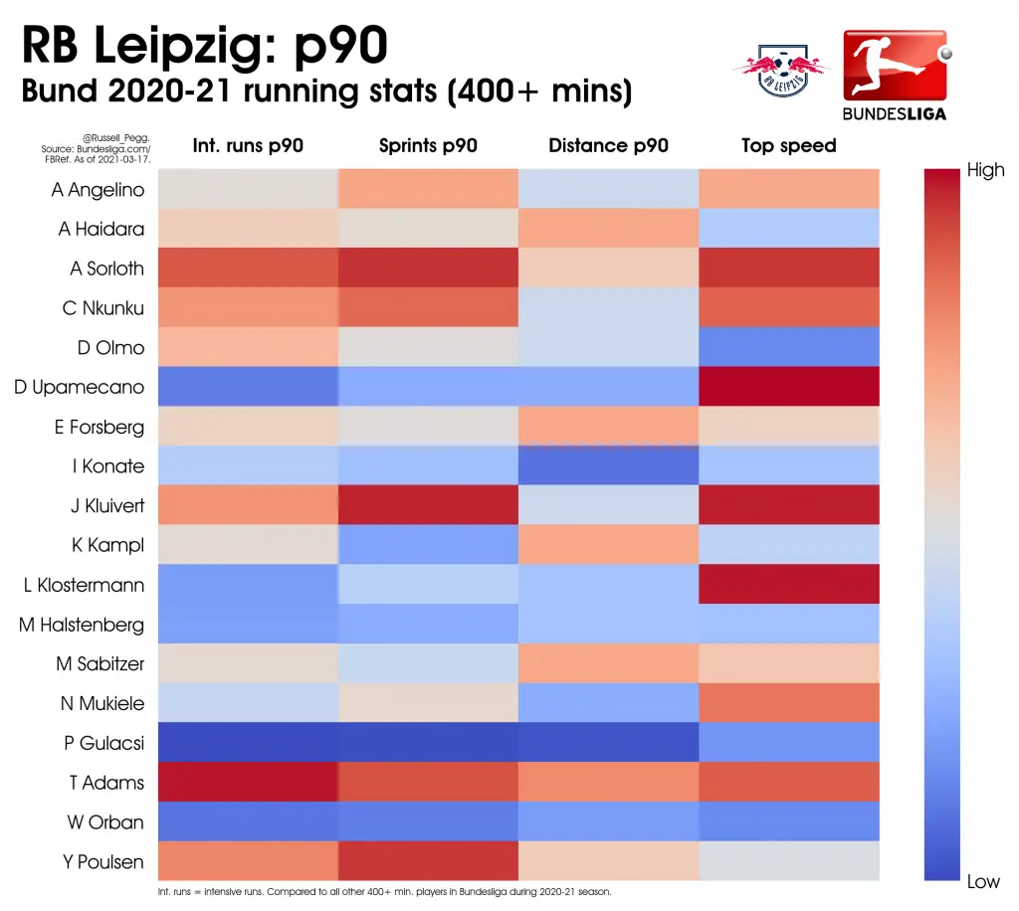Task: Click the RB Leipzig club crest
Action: click(x=782, y=71)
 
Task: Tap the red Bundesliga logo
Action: click(x=895, y=75)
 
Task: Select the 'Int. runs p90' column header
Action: click(x=248, y=145)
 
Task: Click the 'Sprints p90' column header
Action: click(x=428, y=145)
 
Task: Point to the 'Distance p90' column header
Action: click(x=608, y=145)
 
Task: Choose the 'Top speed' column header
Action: click(x=789, y=145)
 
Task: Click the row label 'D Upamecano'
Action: click(x=80, y=387)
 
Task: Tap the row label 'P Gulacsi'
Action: click(x=103, y=743)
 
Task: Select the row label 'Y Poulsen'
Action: click(x=103, y=861)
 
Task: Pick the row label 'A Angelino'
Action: click(x=98, y=190)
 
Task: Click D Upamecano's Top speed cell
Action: click(x=789, y=386)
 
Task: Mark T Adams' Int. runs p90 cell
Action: click(x=248, y=782)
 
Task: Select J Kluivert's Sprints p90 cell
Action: click(x=428, y=504)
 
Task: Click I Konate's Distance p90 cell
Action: click(x=608, y=464)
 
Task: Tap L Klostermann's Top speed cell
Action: click(x=789, y=584)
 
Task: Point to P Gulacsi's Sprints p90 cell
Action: click(x=428, y=742)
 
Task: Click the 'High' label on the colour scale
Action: click(x=985, y=170)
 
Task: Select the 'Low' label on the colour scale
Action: click(x=983, y=881)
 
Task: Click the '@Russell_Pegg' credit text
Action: click(x=116, y=138)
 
